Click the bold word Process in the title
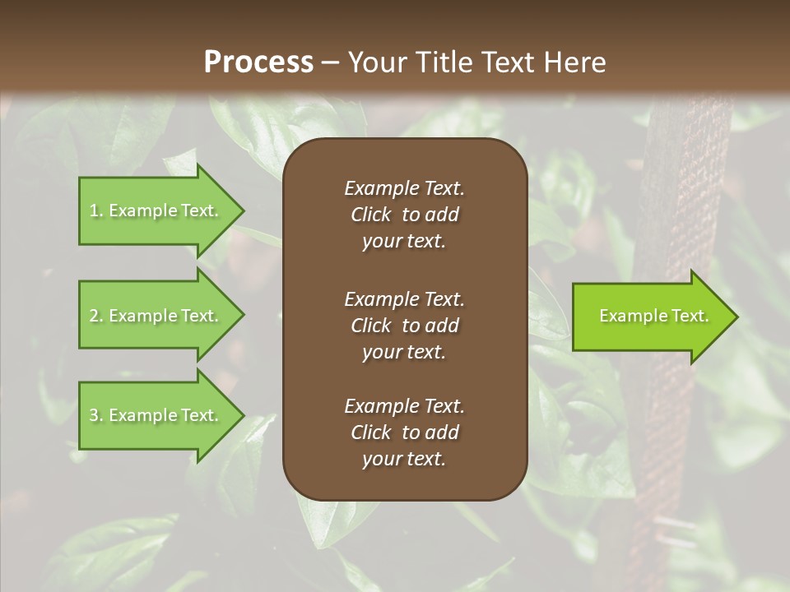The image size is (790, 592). point(258,62)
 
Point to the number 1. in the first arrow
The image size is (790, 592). point(95,210)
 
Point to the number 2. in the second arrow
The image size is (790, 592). point(95,316)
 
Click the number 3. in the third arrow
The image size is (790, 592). point(95,415)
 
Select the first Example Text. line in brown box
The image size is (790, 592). point(404,188)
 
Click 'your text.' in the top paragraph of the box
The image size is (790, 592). point(404,241)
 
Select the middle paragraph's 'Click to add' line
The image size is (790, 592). point(404,326)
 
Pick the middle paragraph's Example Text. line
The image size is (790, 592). point(404,298)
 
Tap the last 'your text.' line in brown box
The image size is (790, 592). point(404,459)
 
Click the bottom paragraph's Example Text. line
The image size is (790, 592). point(404,405)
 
